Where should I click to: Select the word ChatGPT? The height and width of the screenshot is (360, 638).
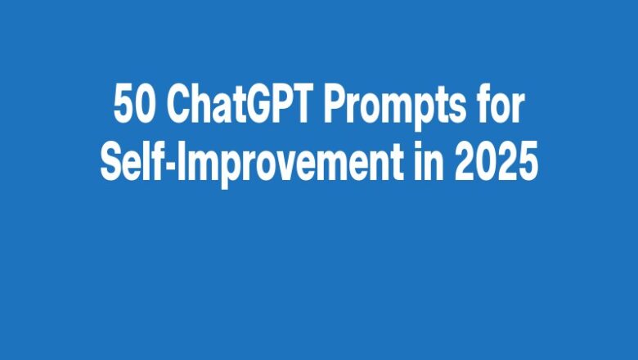point(231,107)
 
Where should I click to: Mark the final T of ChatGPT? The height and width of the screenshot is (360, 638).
point(299,107)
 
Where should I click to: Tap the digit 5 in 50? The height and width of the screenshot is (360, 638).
point(122,107)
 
